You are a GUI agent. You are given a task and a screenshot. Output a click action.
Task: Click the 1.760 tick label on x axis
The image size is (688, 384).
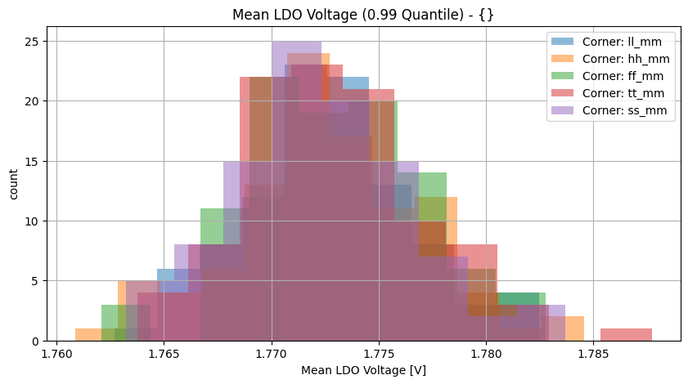pos(56,354)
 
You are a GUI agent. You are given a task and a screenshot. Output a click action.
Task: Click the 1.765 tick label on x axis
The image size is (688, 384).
pos(164,354)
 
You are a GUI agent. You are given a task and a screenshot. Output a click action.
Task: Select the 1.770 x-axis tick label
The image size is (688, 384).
pos(272,354)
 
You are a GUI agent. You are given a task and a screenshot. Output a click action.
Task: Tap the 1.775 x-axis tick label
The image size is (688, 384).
pos(379,354)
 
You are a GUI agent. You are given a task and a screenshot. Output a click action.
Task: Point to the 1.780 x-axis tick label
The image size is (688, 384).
pos(486,354)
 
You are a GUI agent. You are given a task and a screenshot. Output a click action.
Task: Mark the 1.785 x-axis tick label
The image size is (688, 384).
pos(593,354)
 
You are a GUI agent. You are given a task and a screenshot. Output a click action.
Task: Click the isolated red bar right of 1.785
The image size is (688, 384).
pos(626,334)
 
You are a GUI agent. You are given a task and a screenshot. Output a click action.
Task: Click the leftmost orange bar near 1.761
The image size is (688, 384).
pos(88,334)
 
